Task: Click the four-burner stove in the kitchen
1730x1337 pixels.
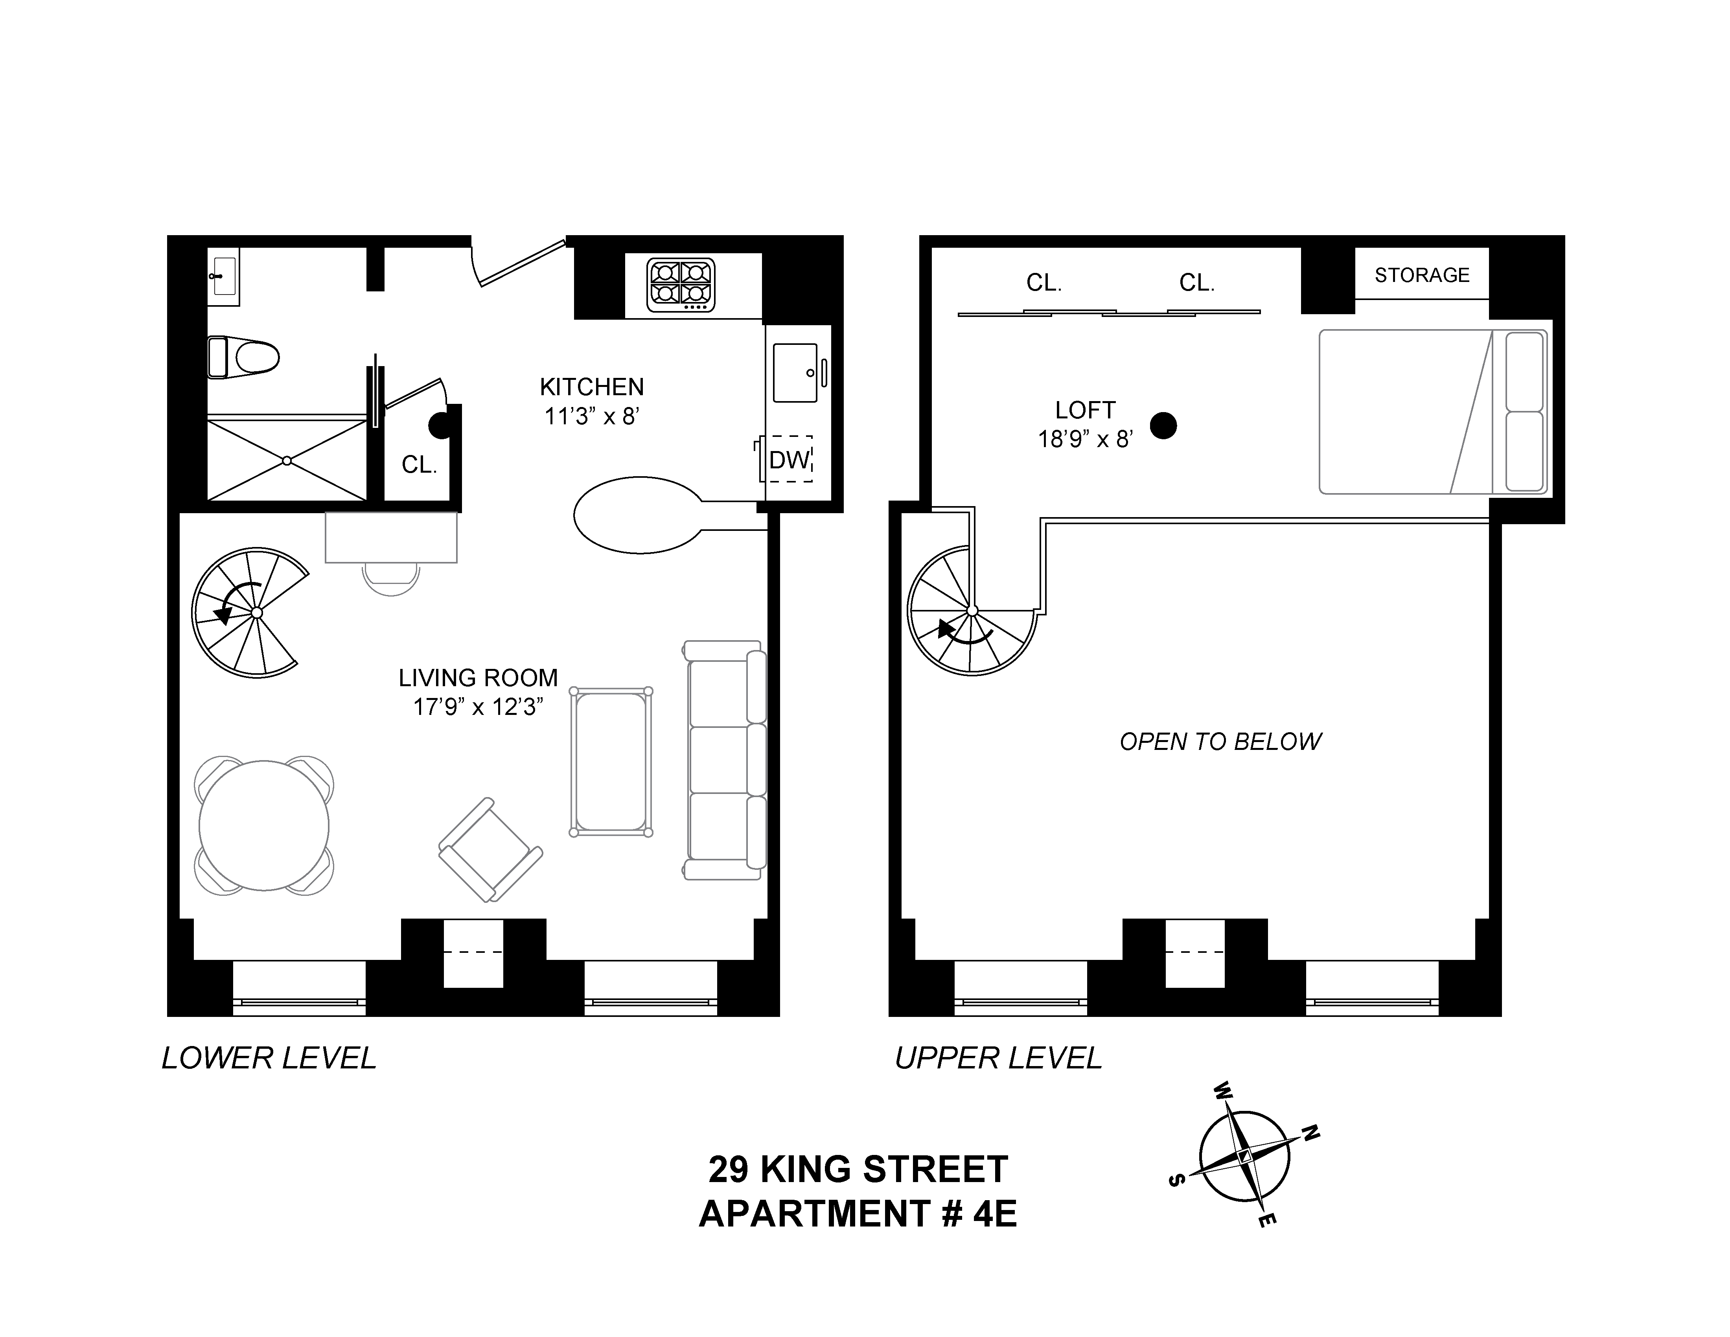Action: [x=681, y=284]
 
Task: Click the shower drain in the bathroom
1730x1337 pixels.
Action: [x=287, y=460]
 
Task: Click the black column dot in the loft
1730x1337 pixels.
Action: [x=1163, y=426]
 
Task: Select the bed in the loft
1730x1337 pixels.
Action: [x=1432, y=412]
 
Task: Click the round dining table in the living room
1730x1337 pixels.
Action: [x=264, y=825]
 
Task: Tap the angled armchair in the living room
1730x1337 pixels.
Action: [x=490, y=849]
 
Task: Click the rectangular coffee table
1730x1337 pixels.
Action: [x=611, y=761]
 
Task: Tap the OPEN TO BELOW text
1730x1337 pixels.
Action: [x=1220, y=741]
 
